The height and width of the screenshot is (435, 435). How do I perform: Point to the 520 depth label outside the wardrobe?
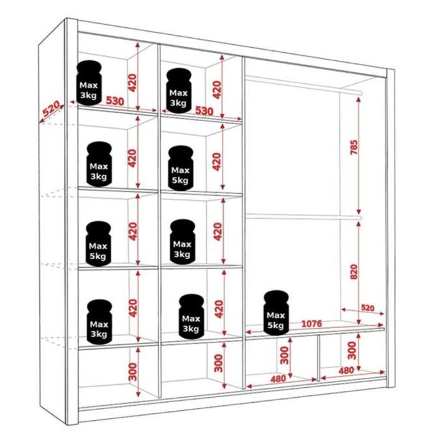[x=50, y=109]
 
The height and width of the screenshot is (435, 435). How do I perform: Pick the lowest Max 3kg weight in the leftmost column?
[x=99, y=321]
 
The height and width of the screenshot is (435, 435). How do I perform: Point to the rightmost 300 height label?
[x=352, y=351]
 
